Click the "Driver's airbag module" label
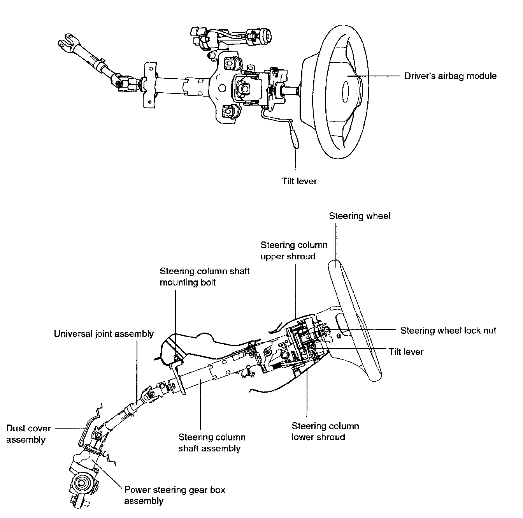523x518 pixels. [450, 76]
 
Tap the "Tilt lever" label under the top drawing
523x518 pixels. [299, 181]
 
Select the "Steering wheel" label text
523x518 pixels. [360, 216]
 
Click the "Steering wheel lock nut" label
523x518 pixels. [448, 330]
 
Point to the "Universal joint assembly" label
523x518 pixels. [104, 334]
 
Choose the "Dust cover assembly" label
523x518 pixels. [28, 434]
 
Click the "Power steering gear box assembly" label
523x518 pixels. [174, 495]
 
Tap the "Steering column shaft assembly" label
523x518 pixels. [212, 443]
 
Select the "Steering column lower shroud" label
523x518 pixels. [325, 432]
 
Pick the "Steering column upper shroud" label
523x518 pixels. [294, 250]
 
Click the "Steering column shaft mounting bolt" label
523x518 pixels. [205, 277]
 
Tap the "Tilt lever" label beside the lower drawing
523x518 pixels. [406, 352]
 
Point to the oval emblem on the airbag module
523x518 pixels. [345, 92]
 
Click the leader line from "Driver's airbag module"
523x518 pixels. [374, 76]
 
